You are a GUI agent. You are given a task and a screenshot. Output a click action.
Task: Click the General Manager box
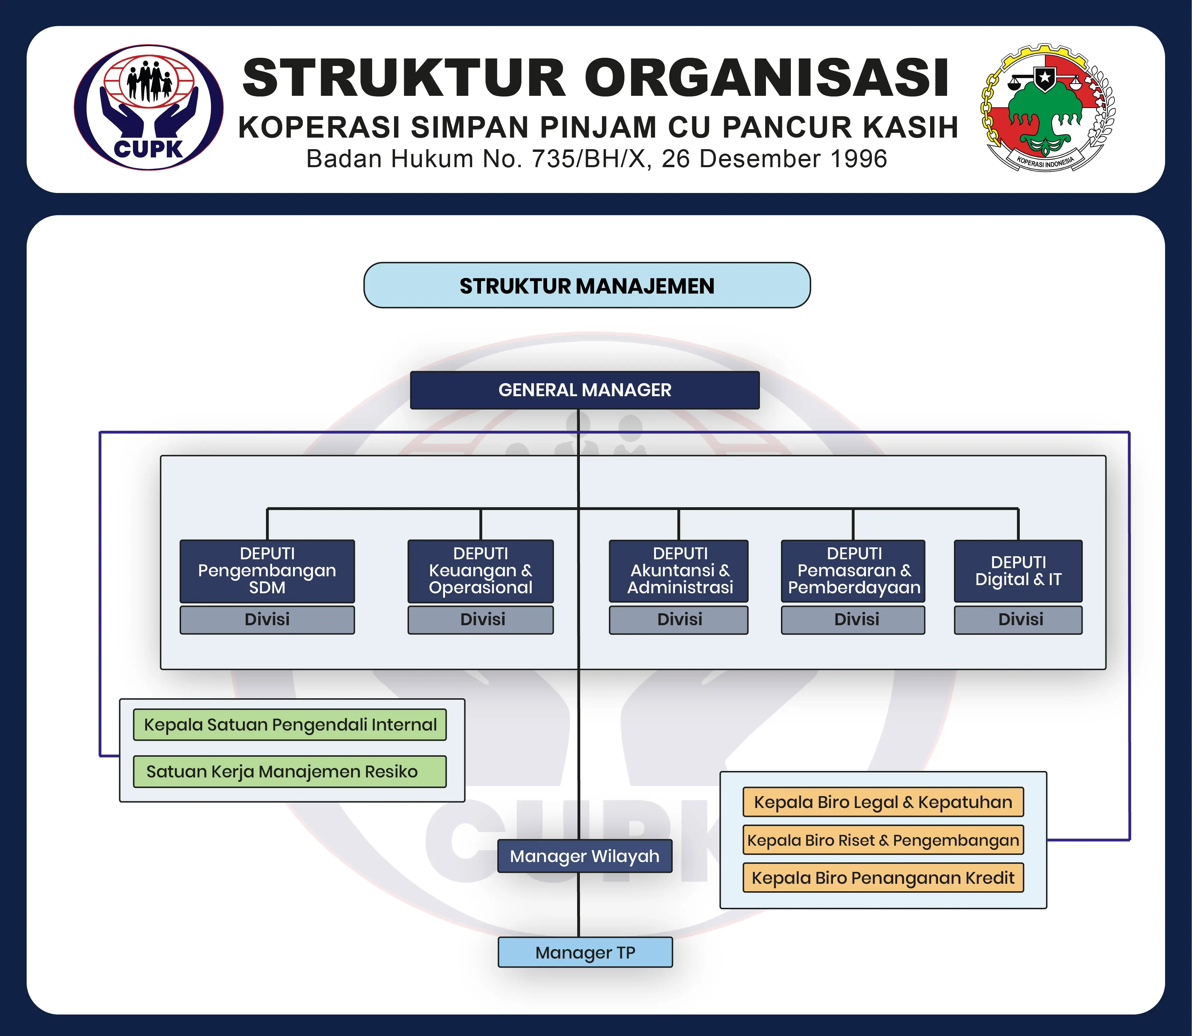584,390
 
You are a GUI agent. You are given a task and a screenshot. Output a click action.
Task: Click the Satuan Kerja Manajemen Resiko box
290,771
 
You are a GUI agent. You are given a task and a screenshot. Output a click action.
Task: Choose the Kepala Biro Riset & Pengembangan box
883,840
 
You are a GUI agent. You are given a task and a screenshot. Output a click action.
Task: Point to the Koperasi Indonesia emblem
1047,108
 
